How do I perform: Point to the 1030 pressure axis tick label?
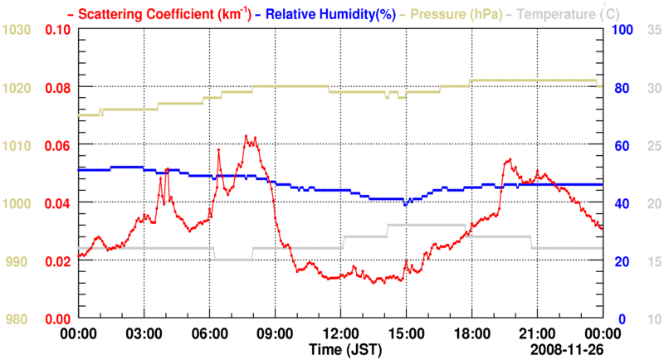click(x=16, y=30)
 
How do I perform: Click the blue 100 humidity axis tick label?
click(x=622, y=30)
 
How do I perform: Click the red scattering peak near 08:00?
click(x=247, y=136)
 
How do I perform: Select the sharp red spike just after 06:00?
click(x=218, y=150)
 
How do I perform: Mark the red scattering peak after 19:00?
click(x=508, y=159)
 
